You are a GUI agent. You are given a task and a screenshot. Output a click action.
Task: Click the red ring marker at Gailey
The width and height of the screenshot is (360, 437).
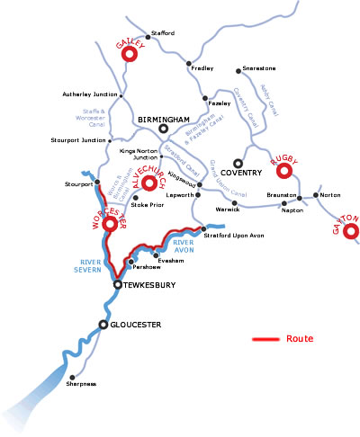129,55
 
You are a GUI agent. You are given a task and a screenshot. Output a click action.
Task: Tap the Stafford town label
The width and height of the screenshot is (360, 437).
164,32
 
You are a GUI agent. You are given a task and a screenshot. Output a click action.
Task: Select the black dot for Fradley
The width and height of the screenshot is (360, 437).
188,63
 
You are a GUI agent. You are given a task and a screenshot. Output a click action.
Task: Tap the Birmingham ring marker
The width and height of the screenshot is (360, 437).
163,128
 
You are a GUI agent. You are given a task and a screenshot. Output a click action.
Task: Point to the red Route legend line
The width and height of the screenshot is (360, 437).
265,339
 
